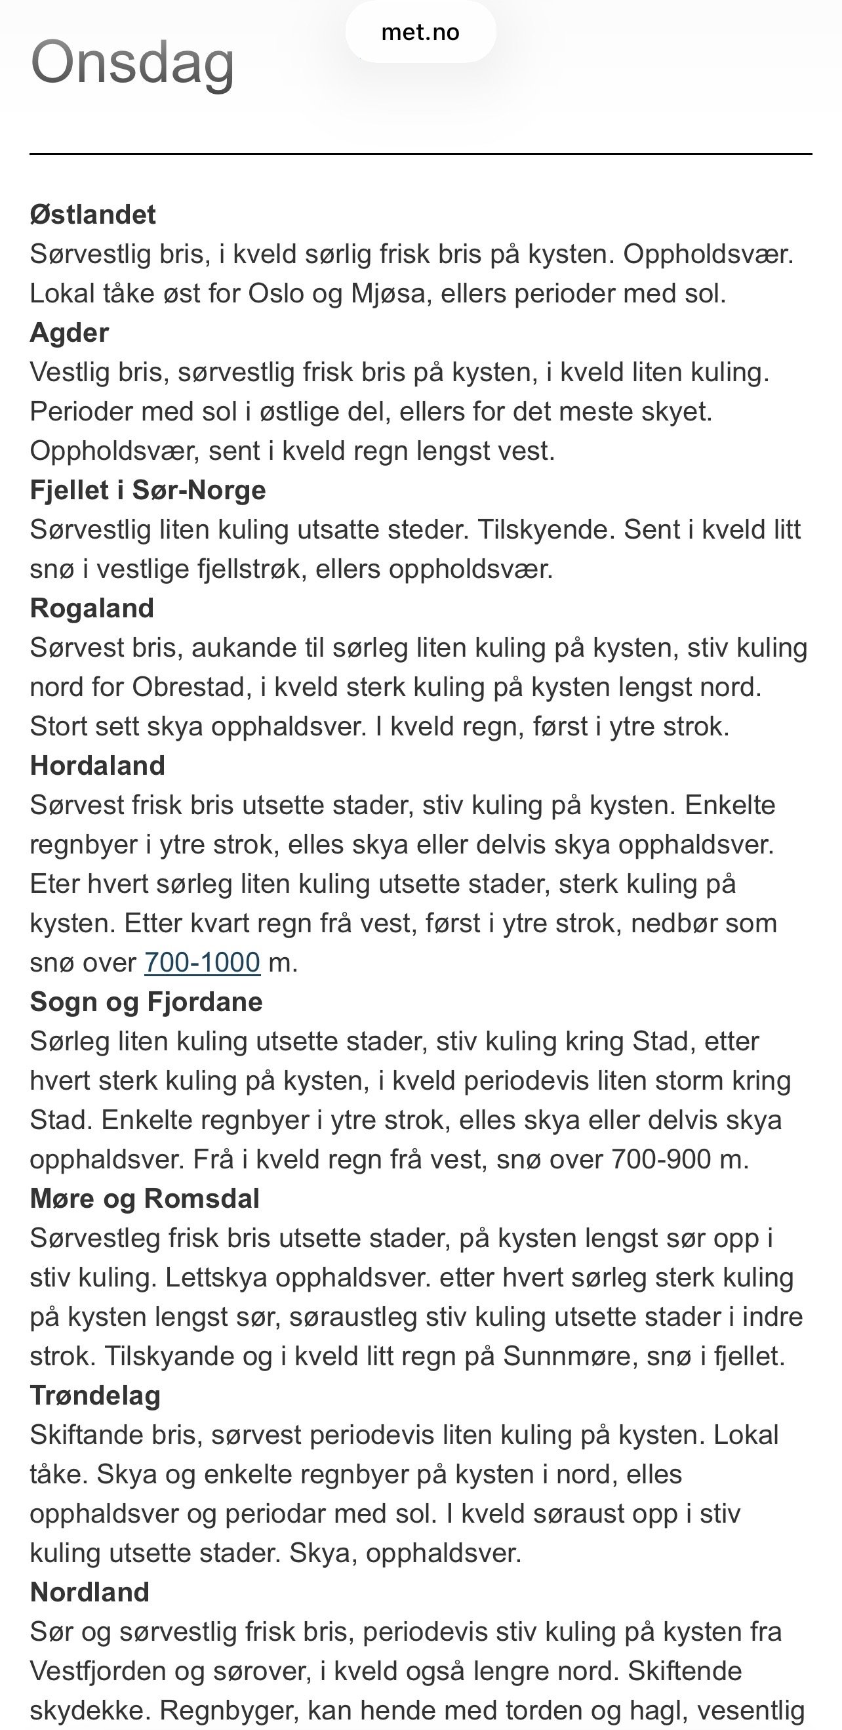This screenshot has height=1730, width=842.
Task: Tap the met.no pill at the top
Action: pyautogui.click(x=420, y=32)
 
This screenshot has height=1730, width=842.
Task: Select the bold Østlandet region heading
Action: pyautogui.click(x=92, y=215)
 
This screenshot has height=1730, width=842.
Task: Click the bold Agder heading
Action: pyautogui.click(x=69, y=333)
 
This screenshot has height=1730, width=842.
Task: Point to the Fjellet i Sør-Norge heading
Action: pyautogui.click(x=148, y=490)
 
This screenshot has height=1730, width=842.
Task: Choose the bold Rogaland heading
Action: pyautogui.click(x=92, y=608)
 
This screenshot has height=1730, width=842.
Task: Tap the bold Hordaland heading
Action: pyautogui.click(x=97, y=766)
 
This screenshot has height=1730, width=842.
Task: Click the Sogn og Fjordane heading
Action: pyautogui.click(x=146, y=1002)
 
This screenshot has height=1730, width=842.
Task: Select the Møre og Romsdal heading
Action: pyautogui.click(x=144, y=1199)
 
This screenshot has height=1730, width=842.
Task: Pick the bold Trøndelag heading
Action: pyautogui.click(x=95, y=1395)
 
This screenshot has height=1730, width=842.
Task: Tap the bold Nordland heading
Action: pyautogui.click(x=90, y=1592)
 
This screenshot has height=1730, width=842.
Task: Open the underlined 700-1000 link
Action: pyautogui.click(x=202, y=962)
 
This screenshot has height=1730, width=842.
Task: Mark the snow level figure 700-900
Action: pyautogui.click(x=661, y=1159)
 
